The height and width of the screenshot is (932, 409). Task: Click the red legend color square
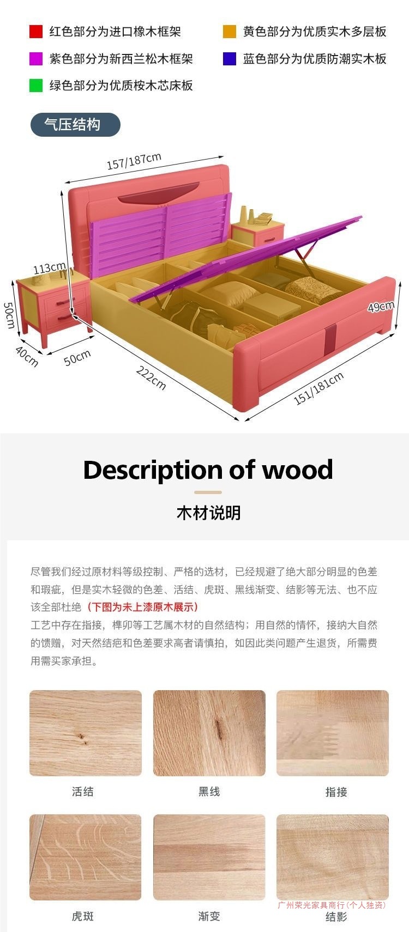(x=36, y=32)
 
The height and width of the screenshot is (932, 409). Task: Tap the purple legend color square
(x=36, y=59)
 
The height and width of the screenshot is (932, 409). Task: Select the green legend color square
(x=36, y=86)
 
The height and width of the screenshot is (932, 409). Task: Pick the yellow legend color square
(x=230, y=32)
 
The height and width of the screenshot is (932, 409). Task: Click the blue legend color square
(x=230, y=59)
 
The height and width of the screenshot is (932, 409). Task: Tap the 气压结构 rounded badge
(x=75, y=125)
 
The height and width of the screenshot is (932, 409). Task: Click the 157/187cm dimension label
(x=134, y=161)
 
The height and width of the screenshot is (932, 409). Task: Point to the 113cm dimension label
(x=49, y=268)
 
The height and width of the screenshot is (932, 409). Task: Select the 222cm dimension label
(x=151, y=378)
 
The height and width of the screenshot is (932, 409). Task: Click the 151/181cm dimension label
(x=319, y=388)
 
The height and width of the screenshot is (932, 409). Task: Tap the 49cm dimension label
(x=381, y=306)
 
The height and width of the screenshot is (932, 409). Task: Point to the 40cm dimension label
(x=27, y=357)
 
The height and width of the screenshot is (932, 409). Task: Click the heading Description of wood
(x=208, y=470)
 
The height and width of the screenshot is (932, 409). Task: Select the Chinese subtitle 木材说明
(x=208, y=513)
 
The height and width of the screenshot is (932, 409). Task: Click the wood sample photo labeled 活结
(x=86, y=733)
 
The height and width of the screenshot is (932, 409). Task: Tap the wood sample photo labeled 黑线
(x=209, y=733)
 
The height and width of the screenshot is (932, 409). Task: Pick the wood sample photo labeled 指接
(x=333, y=733)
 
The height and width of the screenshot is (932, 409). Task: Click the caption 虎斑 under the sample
(x=83, y=916)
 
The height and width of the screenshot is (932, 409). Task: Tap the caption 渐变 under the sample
(x=209, y=916)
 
